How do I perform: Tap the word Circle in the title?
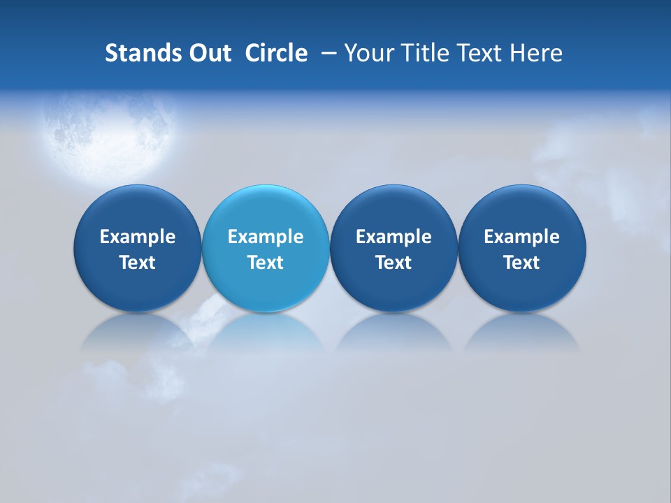[276, 53]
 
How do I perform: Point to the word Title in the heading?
[426, 53]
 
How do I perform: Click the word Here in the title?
[535, 53]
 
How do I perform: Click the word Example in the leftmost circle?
[137, 237]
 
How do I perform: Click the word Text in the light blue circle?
[266, 263]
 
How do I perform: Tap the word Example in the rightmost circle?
[521, 237]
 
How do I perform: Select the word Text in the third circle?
[394, 263]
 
